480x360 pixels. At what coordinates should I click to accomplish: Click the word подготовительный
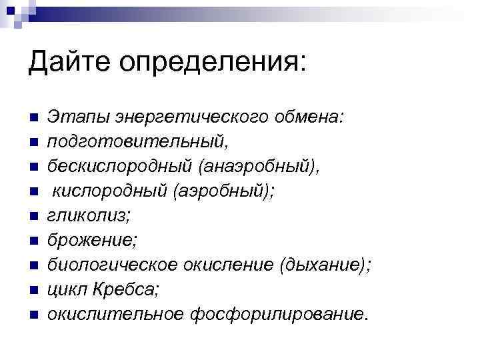[x=134, y=142]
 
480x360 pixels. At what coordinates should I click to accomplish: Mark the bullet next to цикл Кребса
[x=33, y=290]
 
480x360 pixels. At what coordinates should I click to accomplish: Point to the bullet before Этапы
[x=33, y=119]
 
